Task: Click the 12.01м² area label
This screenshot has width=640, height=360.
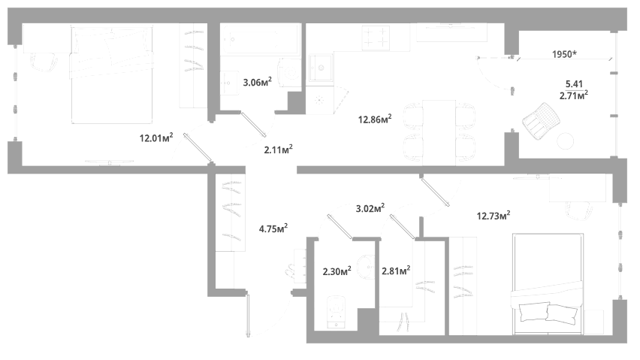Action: coord(156,138)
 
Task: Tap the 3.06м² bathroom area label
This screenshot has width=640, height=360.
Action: coord(257,82)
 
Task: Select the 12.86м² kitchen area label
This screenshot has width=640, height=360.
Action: coord(375,119)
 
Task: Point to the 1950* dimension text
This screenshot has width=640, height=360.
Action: coord(564,54)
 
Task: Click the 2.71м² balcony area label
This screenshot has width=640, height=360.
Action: coord(573,95)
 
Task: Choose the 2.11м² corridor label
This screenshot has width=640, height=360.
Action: coord(278,150)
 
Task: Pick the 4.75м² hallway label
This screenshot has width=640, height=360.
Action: coord(273,228)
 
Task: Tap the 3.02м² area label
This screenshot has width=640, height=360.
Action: coord(370,209)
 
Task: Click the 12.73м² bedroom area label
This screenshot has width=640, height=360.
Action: coord(494,215)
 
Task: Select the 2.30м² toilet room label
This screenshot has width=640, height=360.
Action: coord(337,271)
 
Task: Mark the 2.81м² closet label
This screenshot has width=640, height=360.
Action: coord(396,271)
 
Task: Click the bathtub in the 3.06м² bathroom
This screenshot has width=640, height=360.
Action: coord(261,39)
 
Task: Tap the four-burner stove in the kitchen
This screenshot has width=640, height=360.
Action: coord(376,37)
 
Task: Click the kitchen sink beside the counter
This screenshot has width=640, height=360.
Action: coord(321,68)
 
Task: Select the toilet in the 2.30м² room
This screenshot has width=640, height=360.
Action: coord(337,312)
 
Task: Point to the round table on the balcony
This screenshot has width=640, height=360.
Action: coord(566,141)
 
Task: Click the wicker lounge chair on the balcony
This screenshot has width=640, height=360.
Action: coord(541,121)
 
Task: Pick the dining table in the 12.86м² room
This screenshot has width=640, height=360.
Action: coord(439,133)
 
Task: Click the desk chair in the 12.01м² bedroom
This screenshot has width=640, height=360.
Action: coord(44,62)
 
